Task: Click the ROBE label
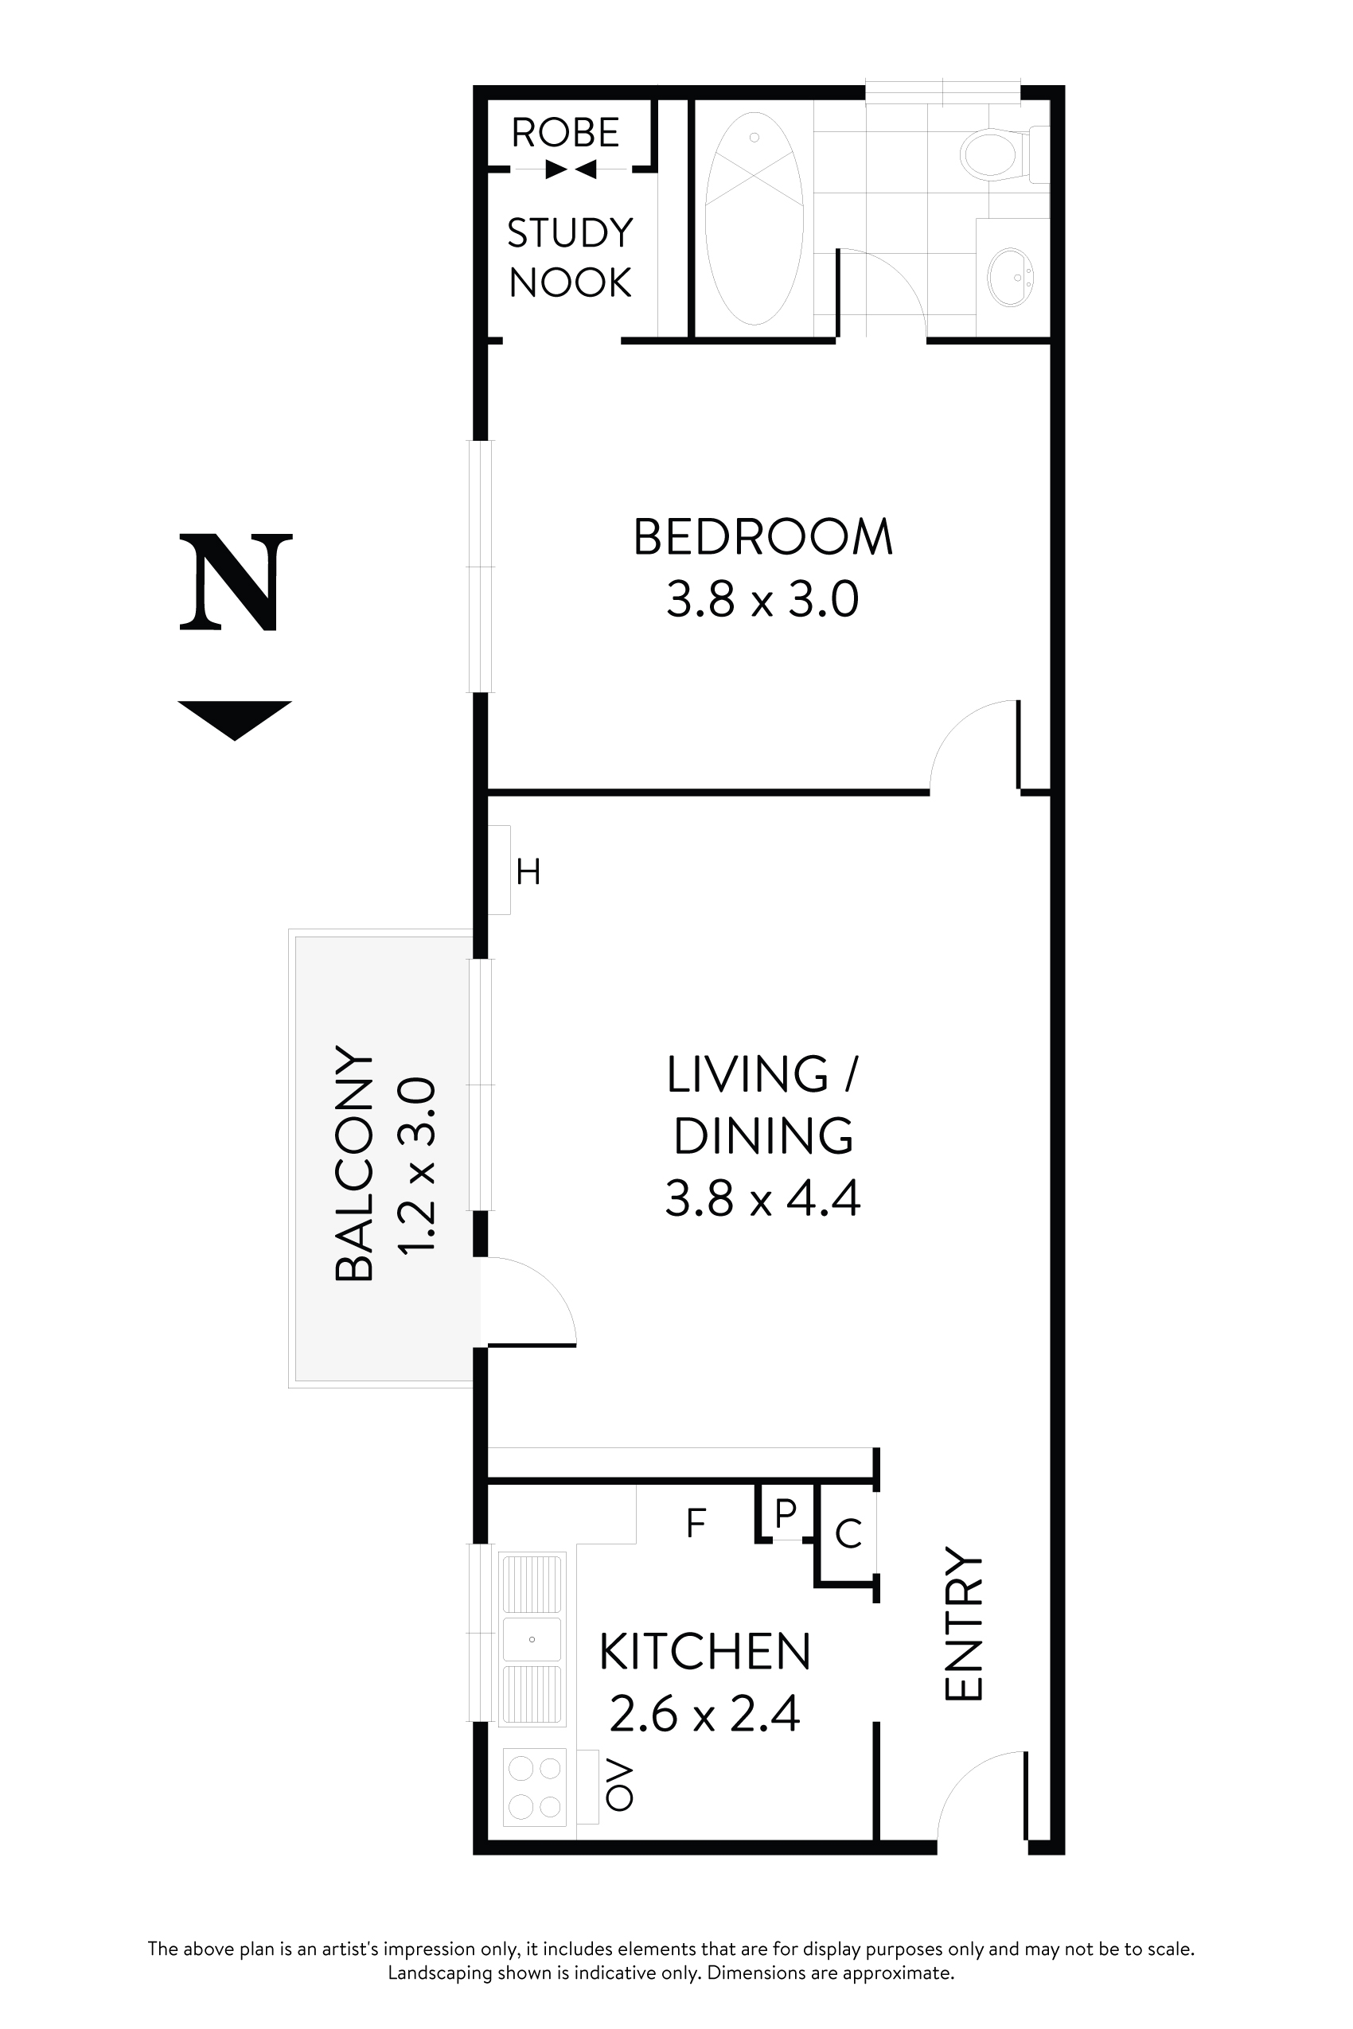[565, 133]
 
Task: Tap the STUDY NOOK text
[570, 258]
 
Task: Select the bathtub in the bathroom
[754, 217]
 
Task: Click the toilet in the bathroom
[993, 154]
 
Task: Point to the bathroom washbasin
[1009, 278]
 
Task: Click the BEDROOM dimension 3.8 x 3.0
[762, 600]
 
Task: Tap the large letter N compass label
[236, 582]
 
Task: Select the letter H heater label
[528, 872]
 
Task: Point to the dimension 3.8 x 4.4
[762, 1198]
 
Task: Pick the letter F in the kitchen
[696, 1525]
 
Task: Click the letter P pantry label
[786, 1513]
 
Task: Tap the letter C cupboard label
[849, 1534]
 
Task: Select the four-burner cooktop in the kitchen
[534, 1786]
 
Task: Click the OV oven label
[619, 1785]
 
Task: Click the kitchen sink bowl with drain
[532, 1639]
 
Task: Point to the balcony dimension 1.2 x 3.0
[416, 1165]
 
